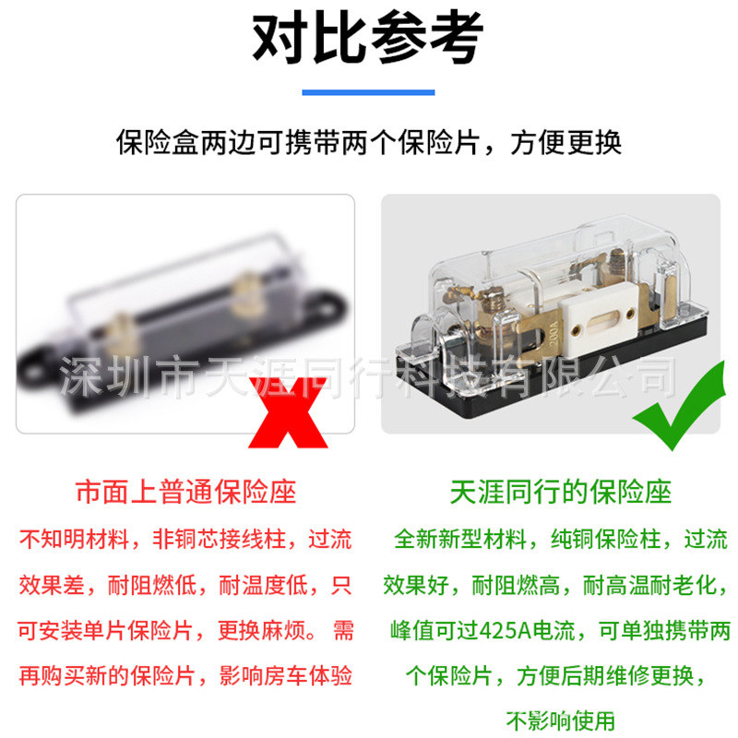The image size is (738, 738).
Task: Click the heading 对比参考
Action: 367,38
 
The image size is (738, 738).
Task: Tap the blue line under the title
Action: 368,92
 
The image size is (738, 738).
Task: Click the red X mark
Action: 288,412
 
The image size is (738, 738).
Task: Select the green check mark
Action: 678,406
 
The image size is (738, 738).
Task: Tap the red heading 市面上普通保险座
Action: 185,492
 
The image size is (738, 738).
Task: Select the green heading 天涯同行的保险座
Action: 560,492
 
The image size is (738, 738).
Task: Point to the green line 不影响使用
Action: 560,720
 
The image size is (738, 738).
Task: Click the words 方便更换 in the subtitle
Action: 566,143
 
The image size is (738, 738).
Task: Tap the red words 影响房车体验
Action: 286,676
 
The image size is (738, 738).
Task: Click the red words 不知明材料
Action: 74,540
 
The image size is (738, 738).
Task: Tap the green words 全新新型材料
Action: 459,540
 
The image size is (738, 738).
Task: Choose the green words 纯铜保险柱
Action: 606,540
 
